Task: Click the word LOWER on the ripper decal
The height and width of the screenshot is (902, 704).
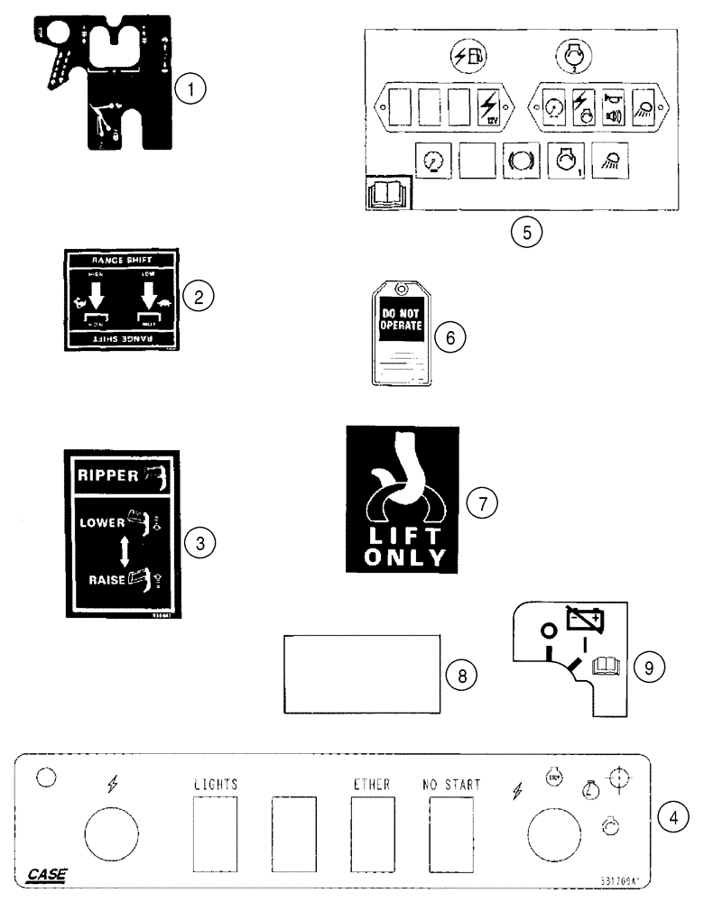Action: coord(101,523)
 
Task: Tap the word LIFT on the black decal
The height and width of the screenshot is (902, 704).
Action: coord(404,535)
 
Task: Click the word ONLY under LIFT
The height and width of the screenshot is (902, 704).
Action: coord(405,557)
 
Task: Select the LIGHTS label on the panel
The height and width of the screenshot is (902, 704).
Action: coord(216,785)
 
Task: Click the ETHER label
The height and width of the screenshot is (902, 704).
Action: coord(372,785)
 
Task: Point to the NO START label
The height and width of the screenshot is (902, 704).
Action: coord(450,785)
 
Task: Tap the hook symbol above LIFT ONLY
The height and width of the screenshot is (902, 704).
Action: coord(400,485)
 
